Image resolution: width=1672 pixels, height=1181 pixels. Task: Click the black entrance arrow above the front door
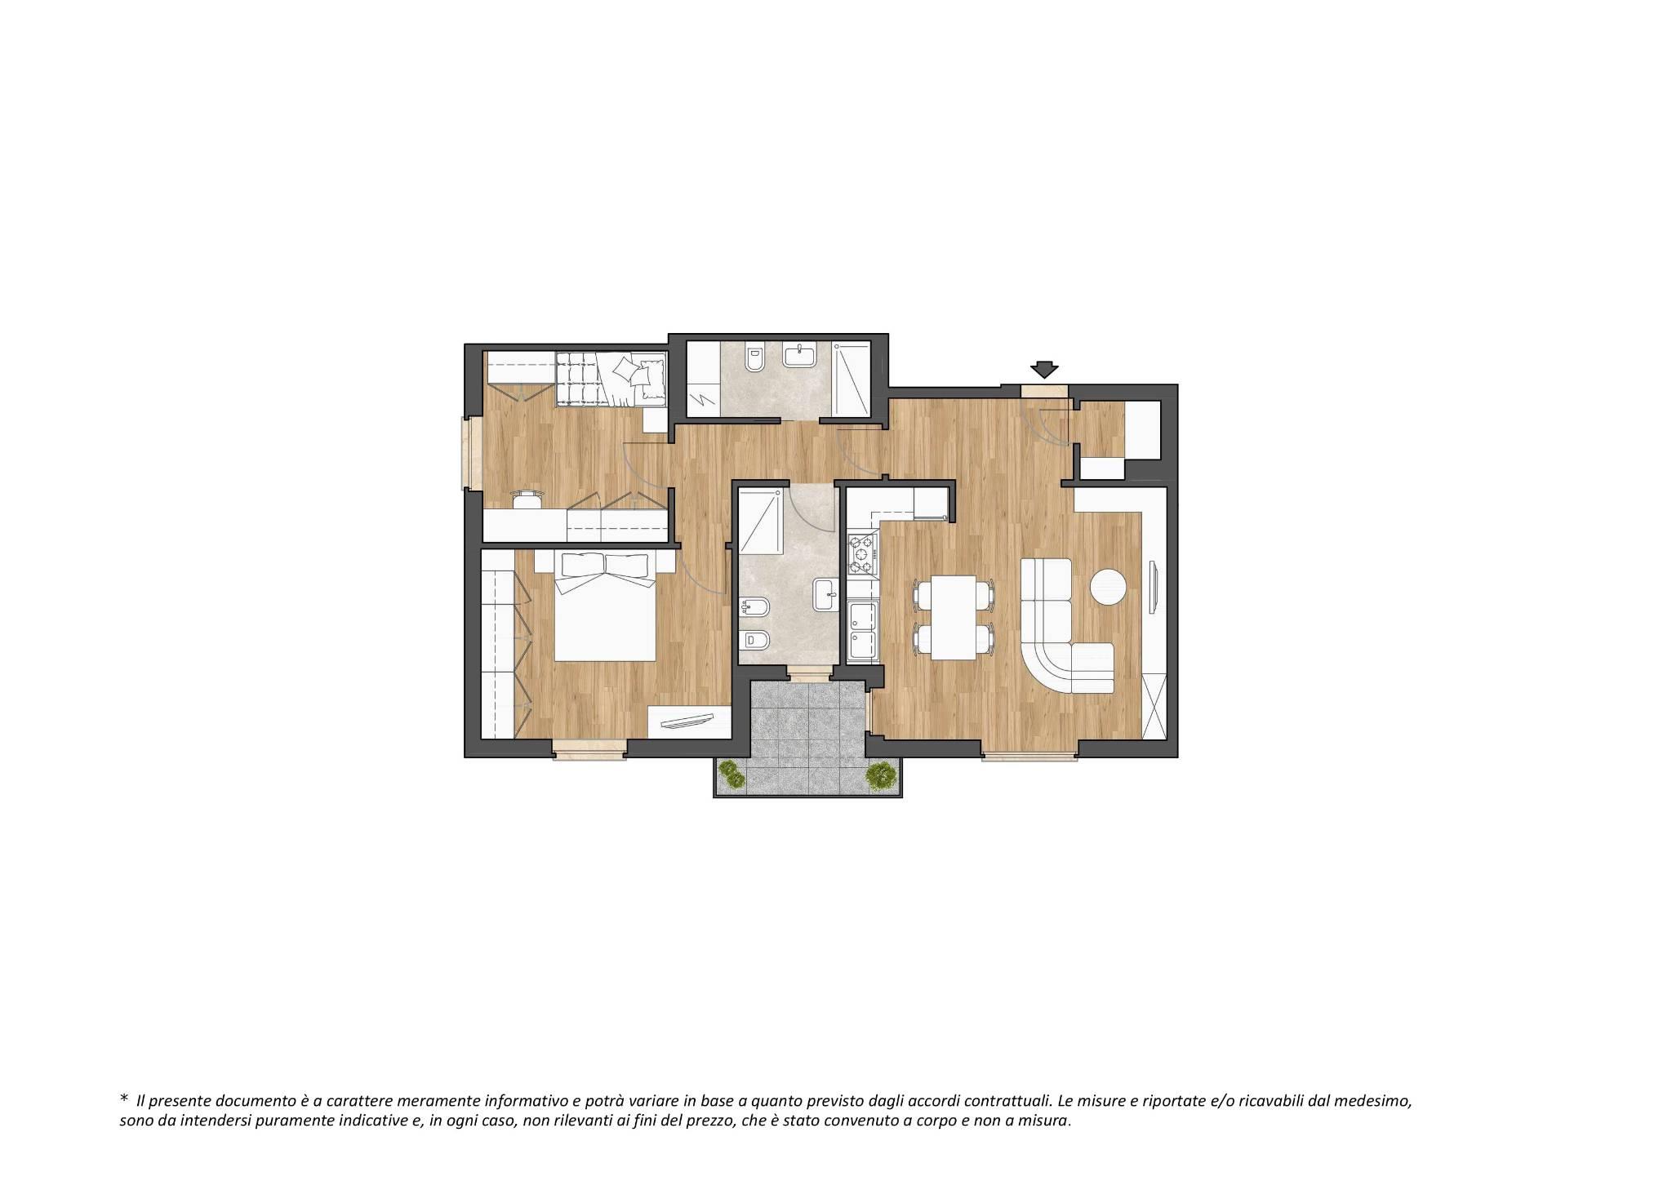[x=1044, y=370]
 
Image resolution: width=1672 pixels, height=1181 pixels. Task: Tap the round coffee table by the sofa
[x=1109, y=587]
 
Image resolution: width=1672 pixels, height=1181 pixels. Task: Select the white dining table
[x=954, y=617]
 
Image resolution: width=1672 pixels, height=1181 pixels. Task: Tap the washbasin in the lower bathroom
[x=825, y=594]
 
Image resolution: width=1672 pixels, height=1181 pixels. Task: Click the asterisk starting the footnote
[x=124, y=1100]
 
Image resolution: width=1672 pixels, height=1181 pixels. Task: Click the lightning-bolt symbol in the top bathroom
[x=704, y=402]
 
